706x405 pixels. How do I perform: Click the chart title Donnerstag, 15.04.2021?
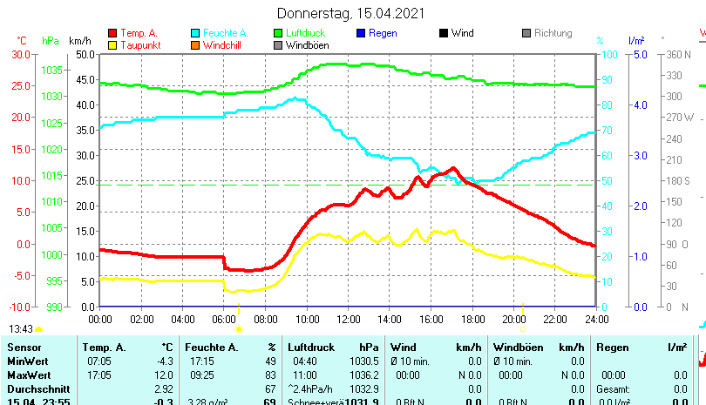coord(351,13)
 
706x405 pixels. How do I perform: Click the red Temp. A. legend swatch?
coord(112,33)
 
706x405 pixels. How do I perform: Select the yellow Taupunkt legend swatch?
coord(112,44)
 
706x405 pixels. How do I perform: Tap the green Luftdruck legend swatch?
coord(278,33)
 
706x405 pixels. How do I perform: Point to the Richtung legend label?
coord(553,33)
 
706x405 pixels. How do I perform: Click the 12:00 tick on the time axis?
coord(348,318)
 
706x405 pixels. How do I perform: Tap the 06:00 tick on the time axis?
coord(224,318)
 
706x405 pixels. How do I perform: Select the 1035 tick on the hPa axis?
coord(52,70)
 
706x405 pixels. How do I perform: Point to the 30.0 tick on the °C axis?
coord(20,54)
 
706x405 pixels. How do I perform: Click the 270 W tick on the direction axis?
coord(678,118)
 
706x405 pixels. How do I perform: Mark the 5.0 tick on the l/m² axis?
coord(639,54)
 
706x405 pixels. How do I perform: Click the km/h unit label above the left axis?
coord(79,41)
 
